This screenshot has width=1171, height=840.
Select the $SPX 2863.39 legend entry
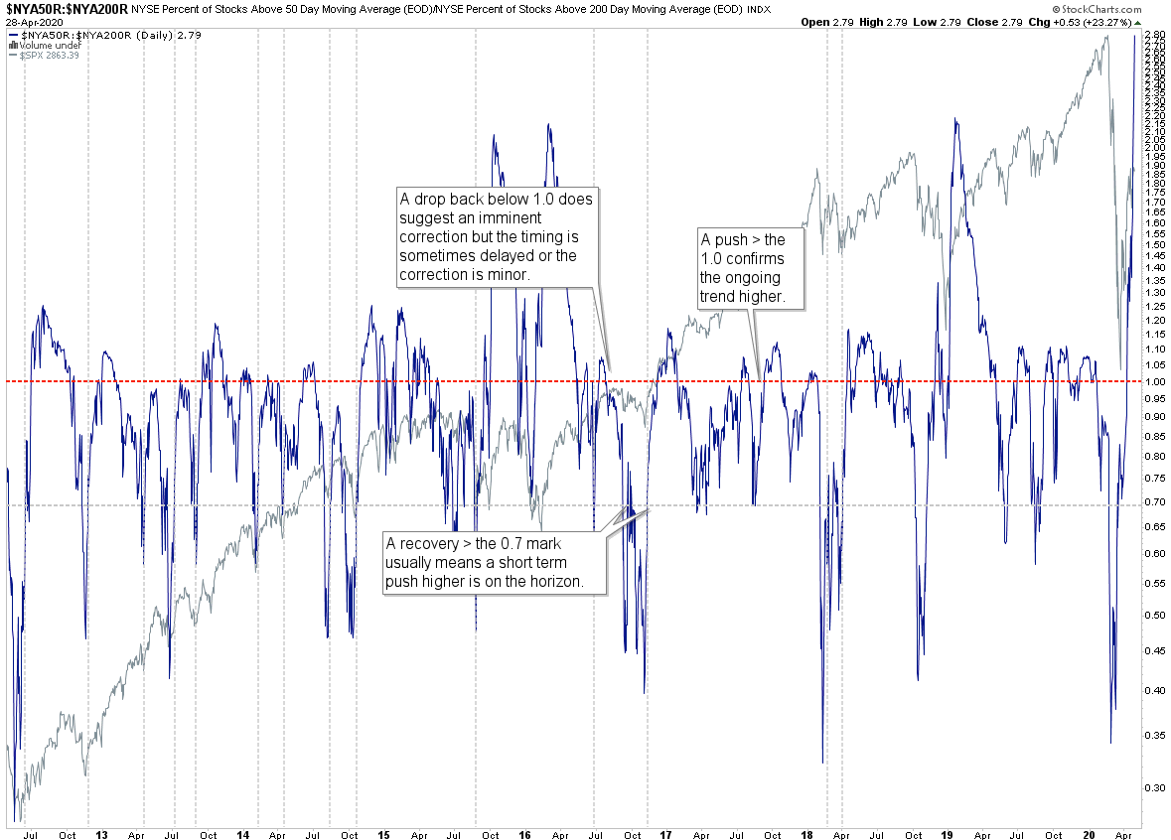tap(49, 56)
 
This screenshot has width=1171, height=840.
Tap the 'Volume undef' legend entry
tap(48, 46)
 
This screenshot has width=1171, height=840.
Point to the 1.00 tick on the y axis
tap(1153, 382)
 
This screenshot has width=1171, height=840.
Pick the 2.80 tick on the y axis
tap(1153, 35)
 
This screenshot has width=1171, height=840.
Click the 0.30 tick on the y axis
tap(1153, 787)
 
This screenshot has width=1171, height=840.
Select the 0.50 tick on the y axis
tap(1153, 616)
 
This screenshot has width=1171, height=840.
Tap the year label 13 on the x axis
tap(101, 835)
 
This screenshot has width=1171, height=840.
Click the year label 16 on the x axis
tap(524, 835)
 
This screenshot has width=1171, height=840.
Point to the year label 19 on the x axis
tap(947, 835)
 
